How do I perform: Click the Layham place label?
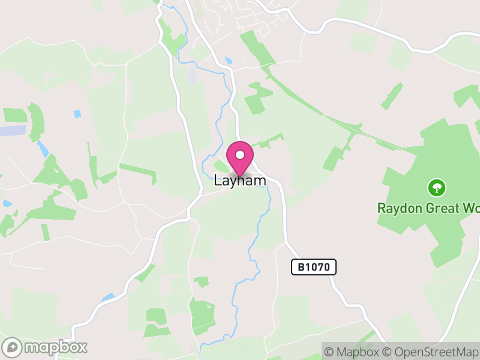point(240,180)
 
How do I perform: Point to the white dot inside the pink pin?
point(240,155)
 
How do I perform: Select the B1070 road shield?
point(314,267)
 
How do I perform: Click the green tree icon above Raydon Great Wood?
point(436,188)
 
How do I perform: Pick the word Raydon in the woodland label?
point(397,208)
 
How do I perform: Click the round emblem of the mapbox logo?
point(12,347)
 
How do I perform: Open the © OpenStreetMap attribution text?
point(431,352)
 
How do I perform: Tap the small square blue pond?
point(77,113)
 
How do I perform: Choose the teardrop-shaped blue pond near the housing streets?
point(227,61)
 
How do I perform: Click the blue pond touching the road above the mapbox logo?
point(108,297)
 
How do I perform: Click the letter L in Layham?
point(218,180)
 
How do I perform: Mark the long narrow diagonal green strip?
point(324,108)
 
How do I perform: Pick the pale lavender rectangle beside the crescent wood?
point(12,130)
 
